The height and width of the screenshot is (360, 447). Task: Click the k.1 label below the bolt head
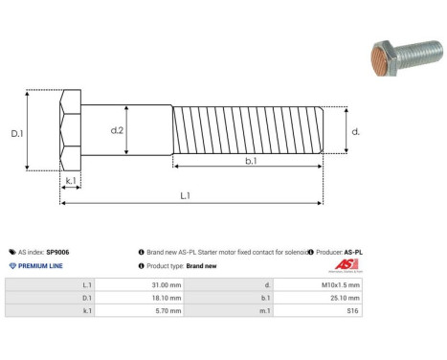pyautogui.click(x=71, y=180)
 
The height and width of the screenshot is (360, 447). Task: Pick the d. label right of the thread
pyautogui.click(x=356, y=132)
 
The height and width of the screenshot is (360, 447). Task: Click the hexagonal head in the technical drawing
pyautogui.click(x=77, y=134)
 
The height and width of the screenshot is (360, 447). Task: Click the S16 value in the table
pyautogui.click(x=353, y=310)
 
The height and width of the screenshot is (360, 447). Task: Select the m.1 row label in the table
pyautogui.click(x=264, y=310)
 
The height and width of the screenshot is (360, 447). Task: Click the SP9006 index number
pyautogui.click(x=57, y=252)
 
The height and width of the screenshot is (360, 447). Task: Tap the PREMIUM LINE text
pyautogui.click(x=40, y=265)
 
